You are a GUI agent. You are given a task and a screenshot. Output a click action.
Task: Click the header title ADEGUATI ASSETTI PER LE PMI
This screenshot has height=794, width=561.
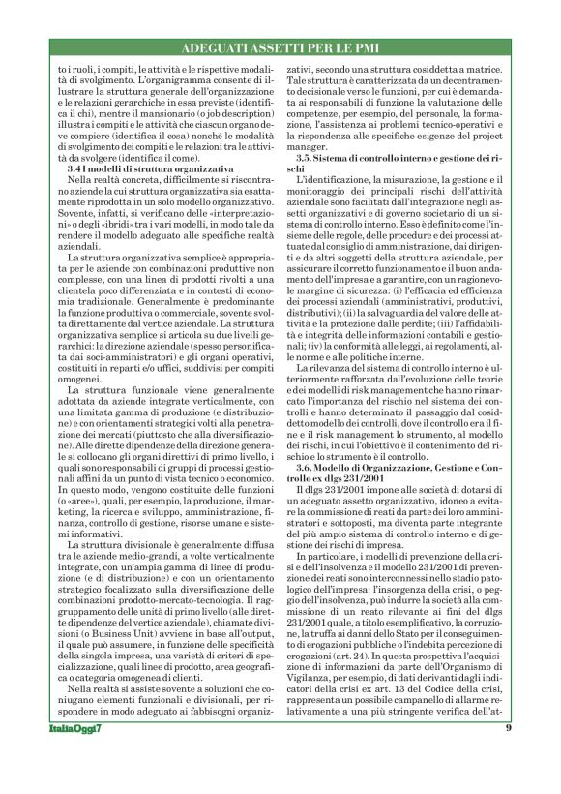[280, 48]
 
